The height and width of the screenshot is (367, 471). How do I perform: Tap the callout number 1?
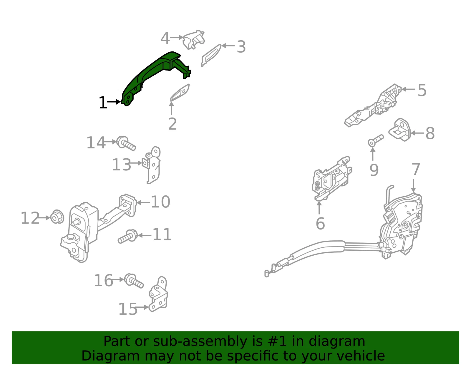pyautogui.click(x=103, y=103)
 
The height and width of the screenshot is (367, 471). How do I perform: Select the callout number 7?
pyautogui.click(x=416, y=169)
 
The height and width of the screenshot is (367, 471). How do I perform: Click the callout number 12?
pyautogui.click(x=30, y=218)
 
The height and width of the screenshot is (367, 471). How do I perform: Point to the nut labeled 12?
pyautogui.click(x=57, y=217)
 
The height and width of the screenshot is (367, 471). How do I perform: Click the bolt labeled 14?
pyautogui.click(x=126, y=143)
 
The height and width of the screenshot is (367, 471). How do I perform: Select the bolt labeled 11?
pyautogui.click(x=127, y=236)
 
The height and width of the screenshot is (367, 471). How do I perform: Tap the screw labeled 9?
pyautogui.click(x=376, y=140)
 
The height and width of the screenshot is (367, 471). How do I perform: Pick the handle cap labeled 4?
pyautogui.click(x=194, y=40)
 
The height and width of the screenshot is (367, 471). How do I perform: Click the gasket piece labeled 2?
pyautogui.click(x=180, y=93)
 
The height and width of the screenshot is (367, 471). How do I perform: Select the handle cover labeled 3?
pyautogui.click(x=211, y=55)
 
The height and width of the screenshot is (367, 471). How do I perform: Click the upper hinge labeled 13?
pyautogui.click(x=152, y=165)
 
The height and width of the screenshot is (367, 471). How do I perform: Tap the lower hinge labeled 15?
pyautogui.click(x=158, y=294)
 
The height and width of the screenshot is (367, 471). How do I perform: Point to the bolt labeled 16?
pyautogui.click(x=134, y=281)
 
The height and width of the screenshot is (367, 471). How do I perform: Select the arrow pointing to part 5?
pyautogui.click(x=408, y=89)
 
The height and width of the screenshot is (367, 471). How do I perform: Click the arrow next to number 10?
pyautogui.click(x=143, y=203)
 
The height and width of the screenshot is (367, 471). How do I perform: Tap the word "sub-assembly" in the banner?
pyautogui.click(x=200, y=341)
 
